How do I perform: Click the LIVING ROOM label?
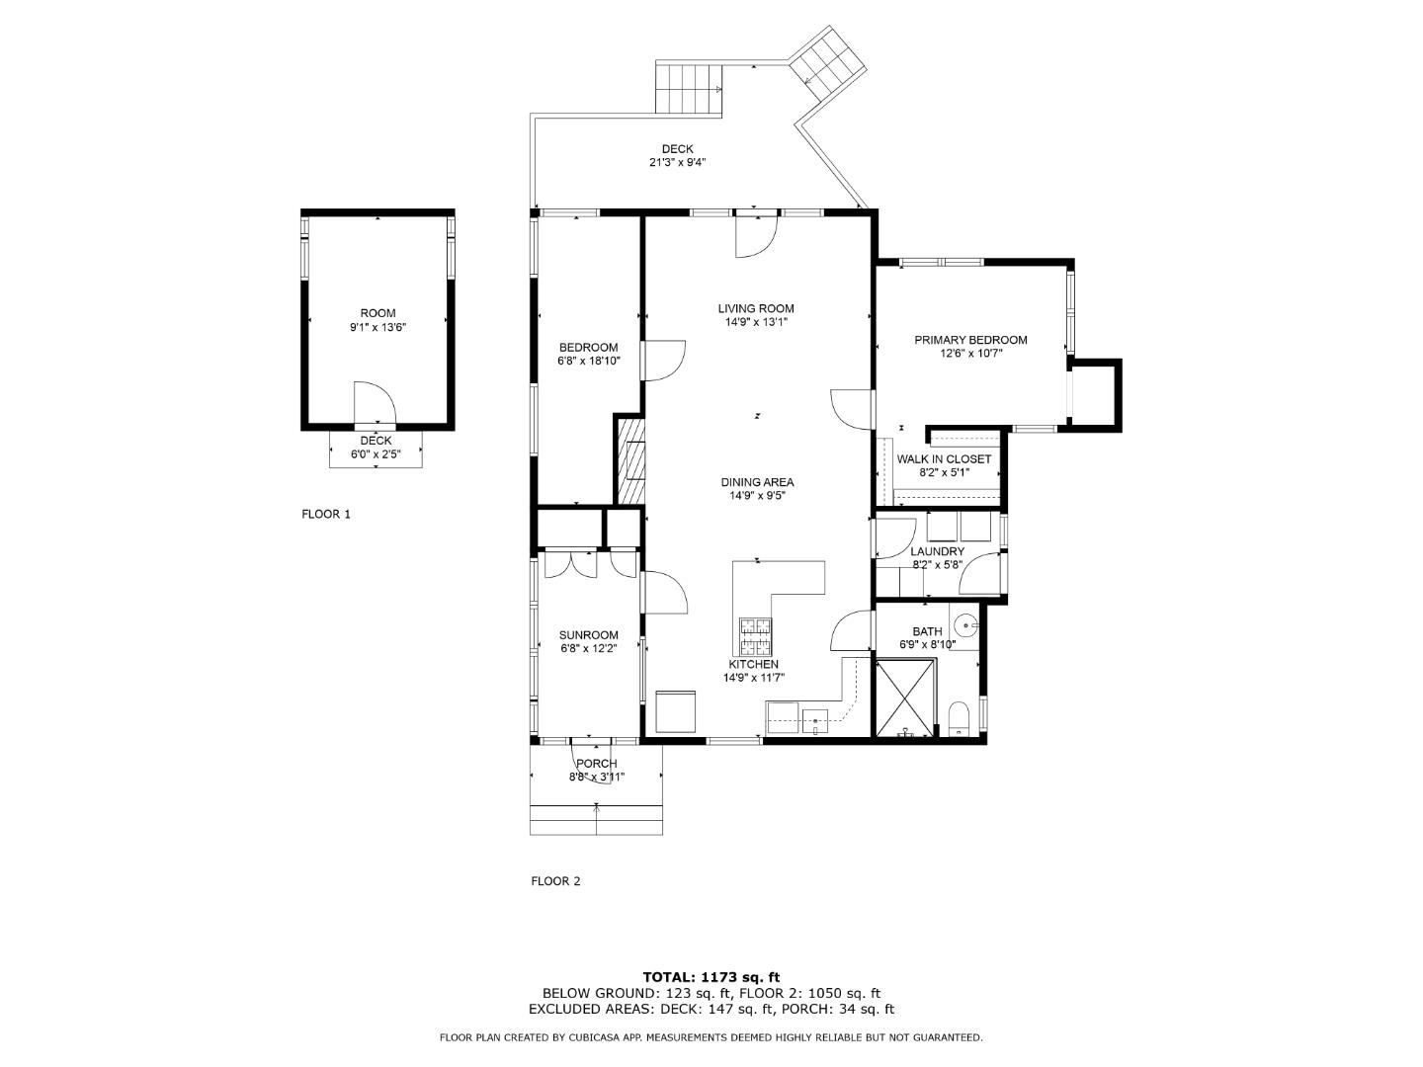pos(756,308)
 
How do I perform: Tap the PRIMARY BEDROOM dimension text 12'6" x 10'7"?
pos(970,353)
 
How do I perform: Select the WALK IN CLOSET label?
pos(944,459)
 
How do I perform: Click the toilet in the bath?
pos(959,717)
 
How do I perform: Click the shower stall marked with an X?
pos(905,698)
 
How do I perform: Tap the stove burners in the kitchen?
pos(756,634)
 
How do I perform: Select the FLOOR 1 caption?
pos(326,514)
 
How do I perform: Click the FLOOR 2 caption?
pos(555,881)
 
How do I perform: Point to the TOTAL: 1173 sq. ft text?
pos(711,977)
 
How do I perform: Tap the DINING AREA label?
pos(757,482)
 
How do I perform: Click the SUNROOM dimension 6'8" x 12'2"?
pos(588,649)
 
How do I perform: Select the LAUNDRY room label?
pos(937,551)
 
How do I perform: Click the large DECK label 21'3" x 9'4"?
pos(677,162)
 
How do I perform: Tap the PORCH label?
pos(597,764)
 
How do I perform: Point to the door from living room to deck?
pos(756,235)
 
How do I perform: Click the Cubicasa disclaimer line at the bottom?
pos(711,1037)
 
